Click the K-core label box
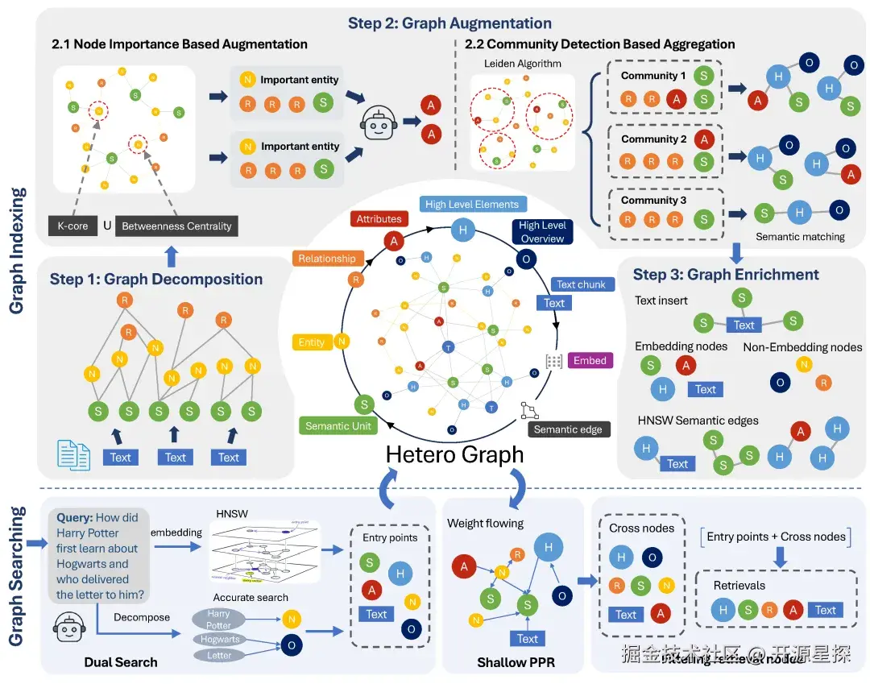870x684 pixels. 72,226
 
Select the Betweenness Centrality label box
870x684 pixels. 176,226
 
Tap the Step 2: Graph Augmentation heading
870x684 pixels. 449,23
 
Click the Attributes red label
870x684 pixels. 379,218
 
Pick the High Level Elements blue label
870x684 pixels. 472,204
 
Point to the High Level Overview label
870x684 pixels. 542,232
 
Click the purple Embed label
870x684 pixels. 590,360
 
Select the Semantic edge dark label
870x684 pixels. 568,429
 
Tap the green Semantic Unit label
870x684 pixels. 338,426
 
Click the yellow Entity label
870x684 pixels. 311,342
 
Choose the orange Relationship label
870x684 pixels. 327,259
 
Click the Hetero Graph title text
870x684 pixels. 454,454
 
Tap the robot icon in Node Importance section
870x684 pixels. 378,122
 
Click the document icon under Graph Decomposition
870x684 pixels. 73,454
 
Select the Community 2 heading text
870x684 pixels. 653,139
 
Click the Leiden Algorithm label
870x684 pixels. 522,63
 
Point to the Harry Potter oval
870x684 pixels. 218,620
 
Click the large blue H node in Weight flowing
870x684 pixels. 548,547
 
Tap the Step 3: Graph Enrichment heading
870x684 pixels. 726,274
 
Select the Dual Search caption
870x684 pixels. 121,662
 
